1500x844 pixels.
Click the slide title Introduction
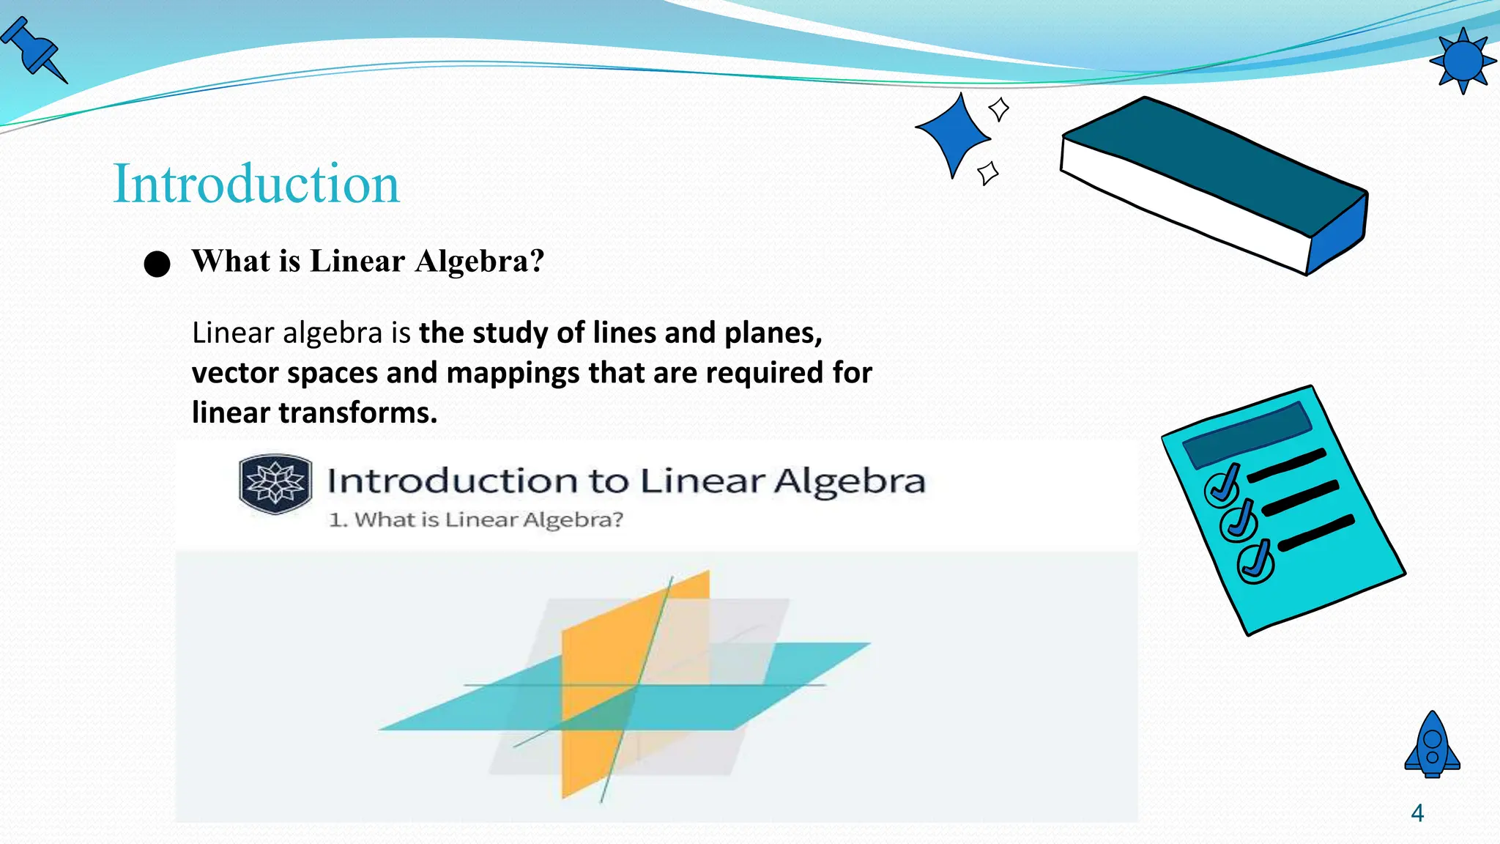pyautogui.click(x=256, y=183)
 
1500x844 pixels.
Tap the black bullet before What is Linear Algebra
pyautogui.click(x=157, y=264)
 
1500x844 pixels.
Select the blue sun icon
pyautogui.click(x=1463, y=61)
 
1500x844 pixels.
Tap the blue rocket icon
pyautogui.click(x=1433, y=745)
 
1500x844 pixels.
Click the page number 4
pyautogui.click(x=1417, y=813)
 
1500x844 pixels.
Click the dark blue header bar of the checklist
pyautogui.click(x=1247, y=434)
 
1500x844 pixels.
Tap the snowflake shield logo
pyautogui.click(x=275, y=484)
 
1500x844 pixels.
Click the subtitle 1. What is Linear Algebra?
pyautogui.click(x=476, y=519)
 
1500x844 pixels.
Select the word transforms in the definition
pyautogui.click(x=357, y=412)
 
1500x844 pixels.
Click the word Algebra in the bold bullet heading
pyautogui.click(x=479, y=261)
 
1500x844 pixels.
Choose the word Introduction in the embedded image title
pyautogui.click(x=453, y=481)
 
